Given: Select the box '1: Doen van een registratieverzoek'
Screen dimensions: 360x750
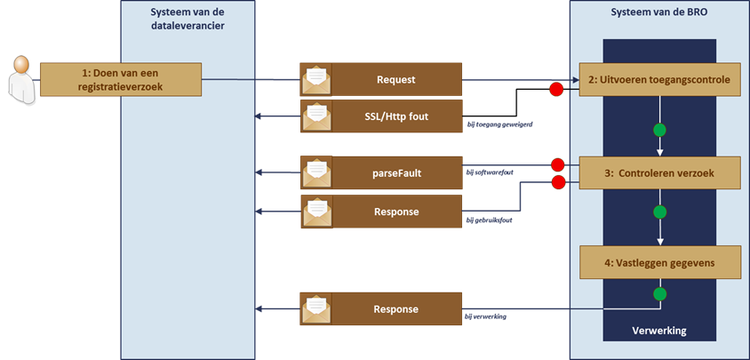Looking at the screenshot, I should point(120,80).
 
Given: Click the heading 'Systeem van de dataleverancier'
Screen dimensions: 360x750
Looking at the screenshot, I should point(187,19).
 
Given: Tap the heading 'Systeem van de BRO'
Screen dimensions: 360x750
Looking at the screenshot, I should point(658,12).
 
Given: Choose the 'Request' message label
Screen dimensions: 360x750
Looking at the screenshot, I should point(396,79).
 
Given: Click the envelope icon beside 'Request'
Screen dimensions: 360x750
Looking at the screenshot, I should point(316,80).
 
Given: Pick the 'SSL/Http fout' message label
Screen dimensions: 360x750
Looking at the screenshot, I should point(396,115).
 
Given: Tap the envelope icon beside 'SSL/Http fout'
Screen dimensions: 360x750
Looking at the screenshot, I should point(316,115).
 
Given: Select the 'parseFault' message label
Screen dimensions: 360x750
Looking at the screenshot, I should point(396,172).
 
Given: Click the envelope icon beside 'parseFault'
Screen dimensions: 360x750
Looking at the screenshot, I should point(316,172).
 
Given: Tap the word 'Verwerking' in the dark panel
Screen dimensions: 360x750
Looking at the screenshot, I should point(658,331).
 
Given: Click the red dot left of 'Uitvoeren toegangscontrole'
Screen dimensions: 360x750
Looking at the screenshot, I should point(556,89).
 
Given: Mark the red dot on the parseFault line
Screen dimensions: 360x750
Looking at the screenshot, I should point(557,164).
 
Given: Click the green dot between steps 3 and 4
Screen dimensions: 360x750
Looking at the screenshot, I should point(659,213).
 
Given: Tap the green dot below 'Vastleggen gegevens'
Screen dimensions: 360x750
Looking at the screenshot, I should point(659,293).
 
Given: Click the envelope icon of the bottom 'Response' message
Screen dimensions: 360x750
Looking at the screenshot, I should point(316,309).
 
